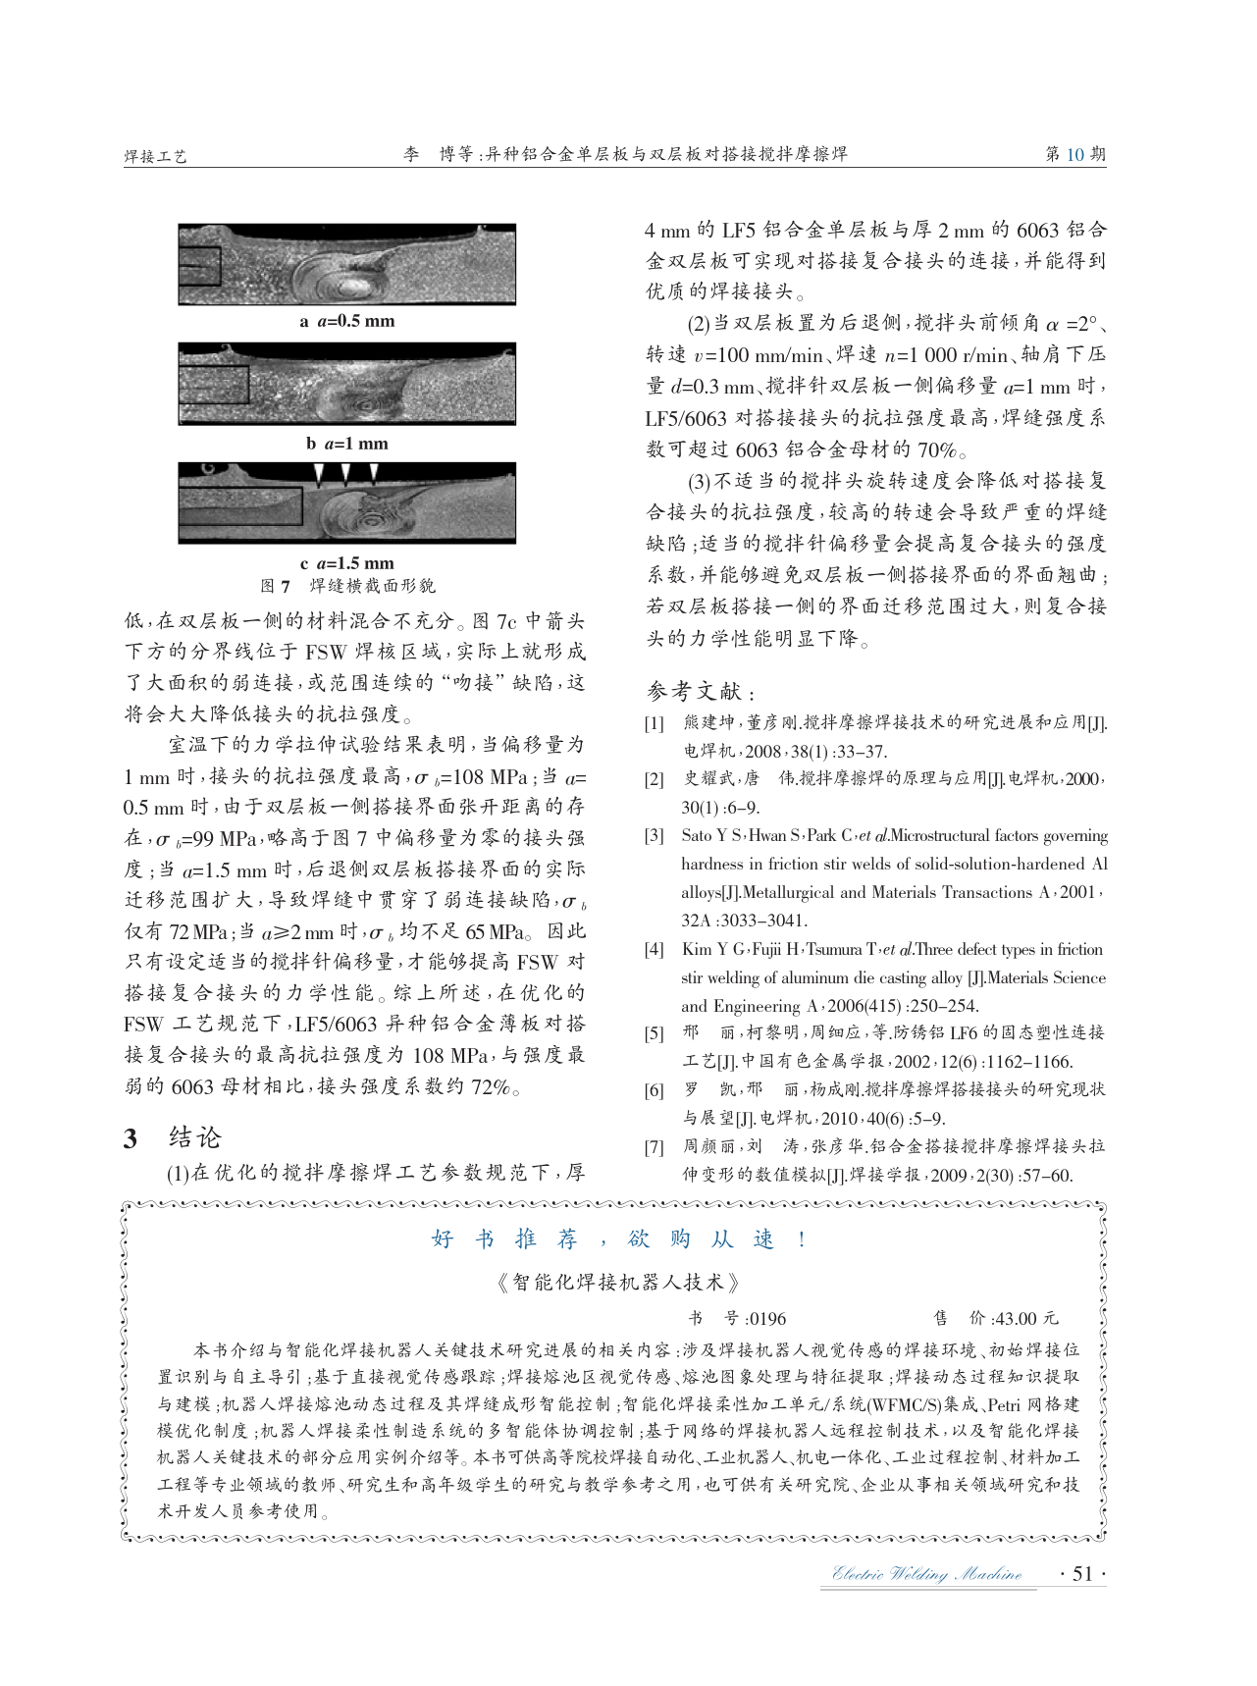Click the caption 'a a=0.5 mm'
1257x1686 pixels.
pos(347,321)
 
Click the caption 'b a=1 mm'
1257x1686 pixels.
pos(347,444)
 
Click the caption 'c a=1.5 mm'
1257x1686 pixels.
pos(347,563)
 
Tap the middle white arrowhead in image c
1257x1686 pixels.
pos(345,474)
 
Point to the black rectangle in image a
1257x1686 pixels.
pos(199,266)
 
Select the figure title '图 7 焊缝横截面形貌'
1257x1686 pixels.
pos(347,586)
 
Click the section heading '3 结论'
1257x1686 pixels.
pos(173,1137)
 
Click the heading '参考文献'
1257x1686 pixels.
pos(698,691)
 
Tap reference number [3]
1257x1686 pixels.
pos(654,836)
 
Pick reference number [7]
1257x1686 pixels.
pos(654,1147)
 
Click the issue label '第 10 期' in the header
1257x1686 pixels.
pos(1075,154)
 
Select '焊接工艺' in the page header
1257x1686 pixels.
pos(155,156)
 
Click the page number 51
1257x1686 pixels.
pos(1082,1574)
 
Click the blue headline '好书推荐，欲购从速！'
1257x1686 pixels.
pos(620,1239)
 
